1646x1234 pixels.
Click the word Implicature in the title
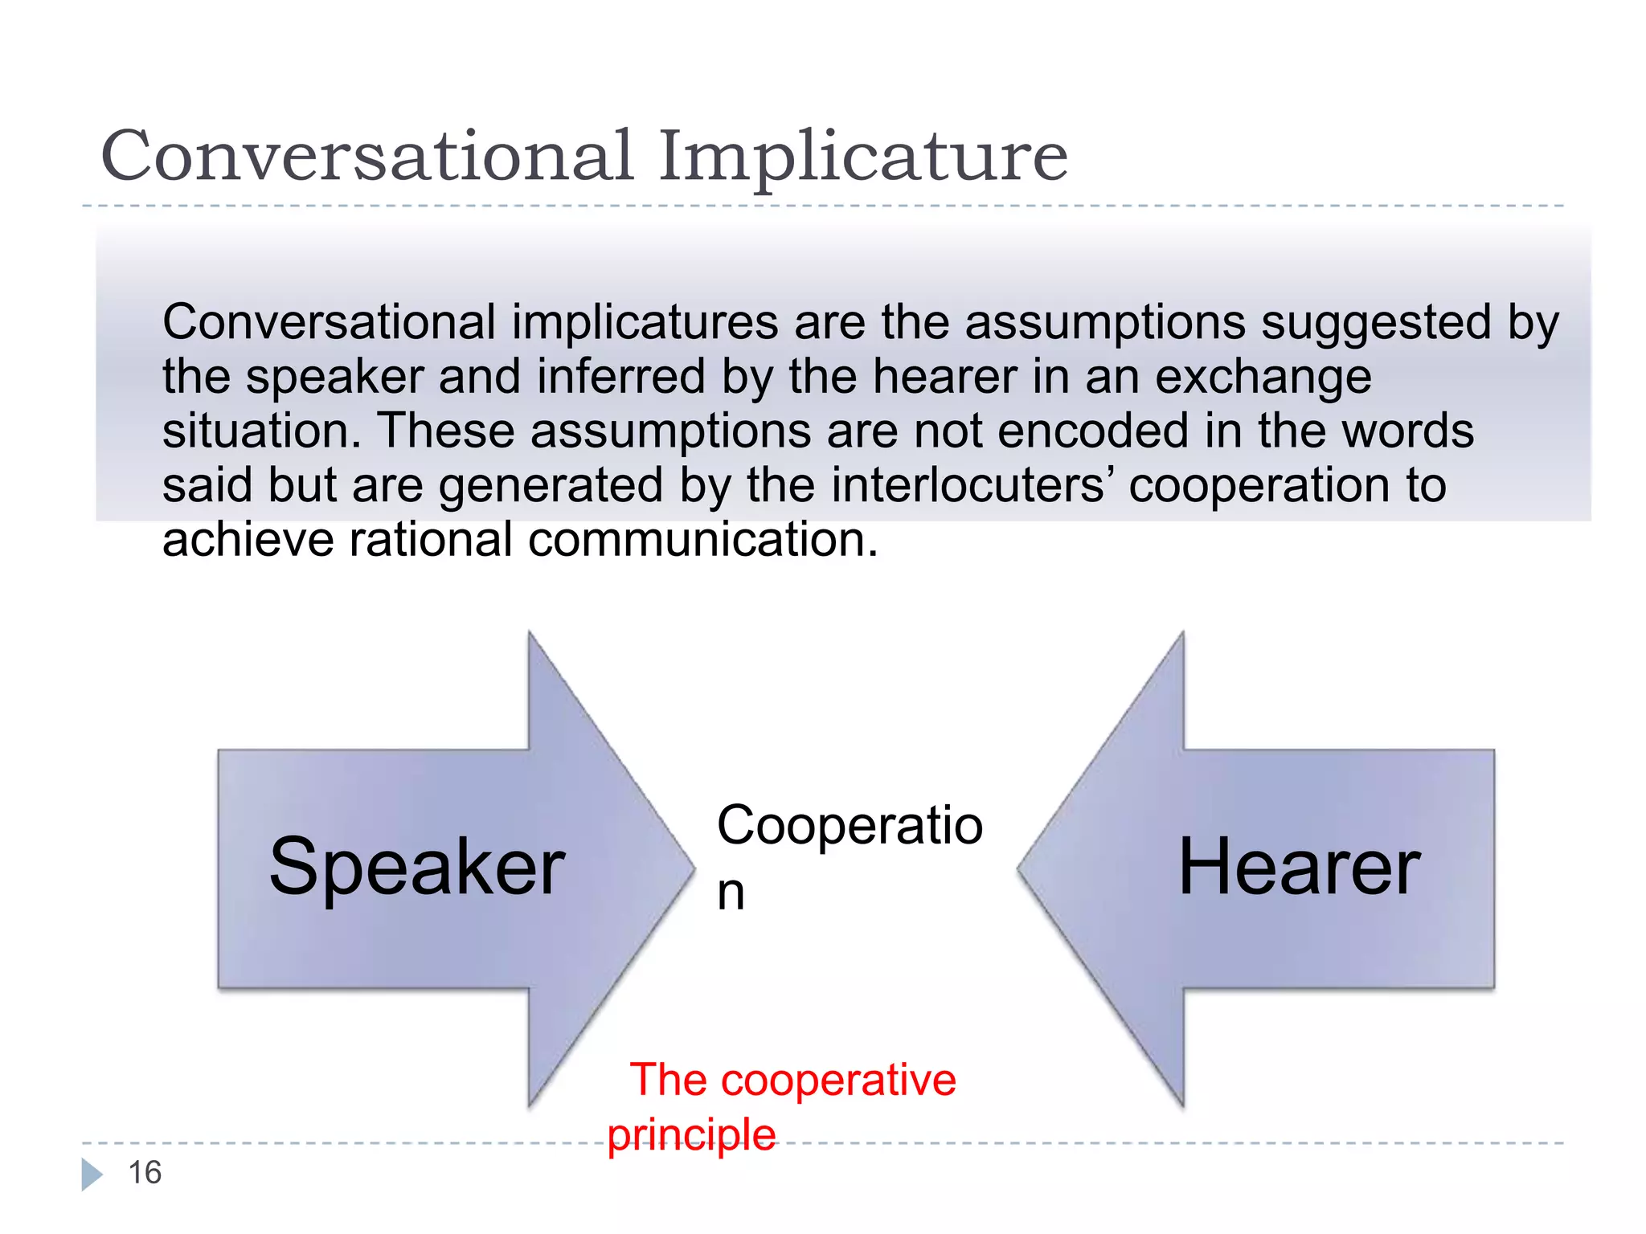click(x=863, y=157)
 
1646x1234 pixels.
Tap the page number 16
click(x=145, y=1173)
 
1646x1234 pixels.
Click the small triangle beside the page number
click(x=92, y=1174)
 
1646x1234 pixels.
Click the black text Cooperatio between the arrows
click(x=850, y=826)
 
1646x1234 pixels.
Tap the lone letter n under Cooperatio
click(x=731, y=893)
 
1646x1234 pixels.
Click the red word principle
click(x=691, y=1136)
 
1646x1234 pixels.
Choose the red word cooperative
click(x=838, y=1080)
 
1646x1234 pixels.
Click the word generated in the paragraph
click(x=551, y=487)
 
